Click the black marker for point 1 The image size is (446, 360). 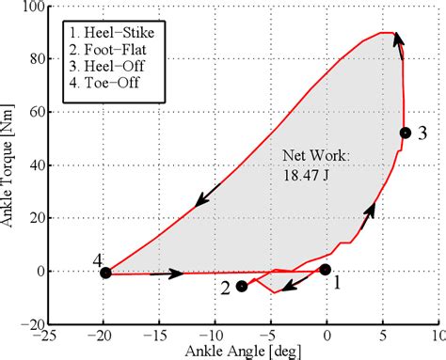pos(326,270)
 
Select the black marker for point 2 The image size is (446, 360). pos(242,286)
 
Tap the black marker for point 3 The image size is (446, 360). pos(405,133)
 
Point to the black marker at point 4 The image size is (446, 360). pos(105,273)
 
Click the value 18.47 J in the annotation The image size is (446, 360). pos(308,173)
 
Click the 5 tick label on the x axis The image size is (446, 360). pos(383,335)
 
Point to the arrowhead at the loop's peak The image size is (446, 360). pos(398,38)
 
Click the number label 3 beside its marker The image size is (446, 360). pos(422,133)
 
